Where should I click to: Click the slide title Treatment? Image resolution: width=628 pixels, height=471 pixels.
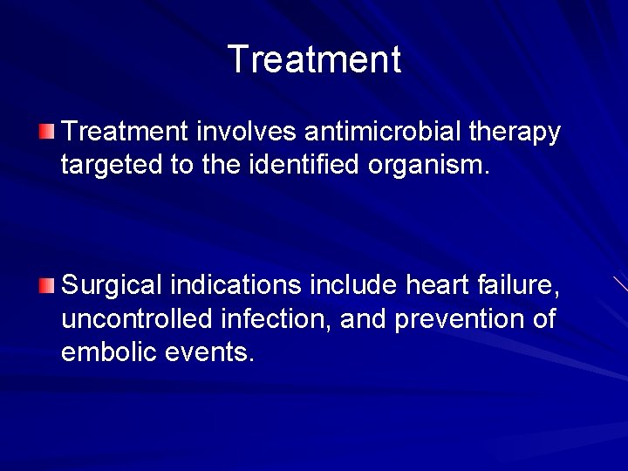coord(314,59)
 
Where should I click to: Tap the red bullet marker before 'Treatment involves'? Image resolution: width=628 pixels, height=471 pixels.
coord(47,133)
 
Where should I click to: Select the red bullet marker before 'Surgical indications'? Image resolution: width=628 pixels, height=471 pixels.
coord(47,284)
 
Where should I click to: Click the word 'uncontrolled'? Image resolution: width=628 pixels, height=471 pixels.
coord(136,318)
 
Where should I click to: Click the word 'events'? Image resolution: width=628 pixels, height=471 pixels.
coord(210,352)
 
